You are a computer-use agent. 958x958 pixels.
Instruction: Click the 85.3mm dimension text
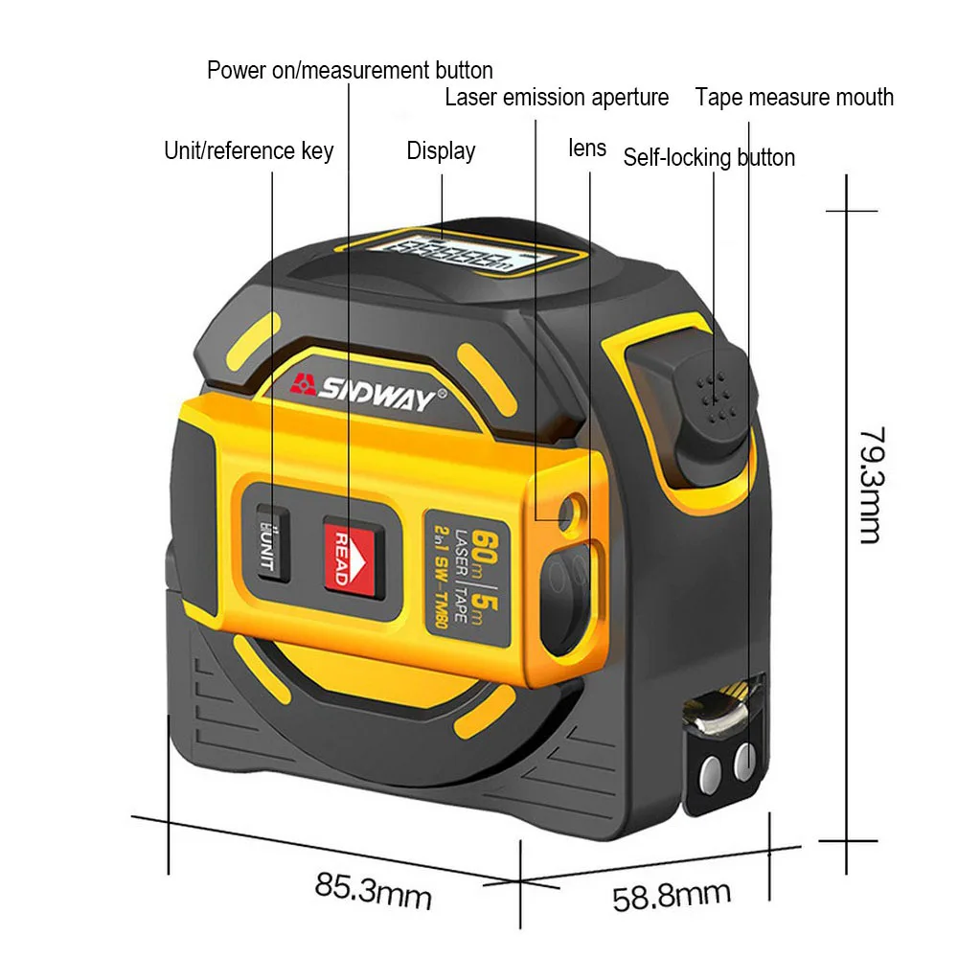374,891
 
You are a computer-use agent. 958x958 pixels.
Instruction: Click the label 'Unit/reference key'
249,150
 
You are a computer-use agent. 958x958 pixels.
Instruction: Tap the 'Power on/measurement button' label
350,70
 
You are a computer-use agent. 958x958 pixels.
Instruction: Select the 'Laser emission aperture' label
557,97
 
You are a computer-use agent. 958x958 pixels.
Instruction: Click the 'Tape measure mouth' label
794,97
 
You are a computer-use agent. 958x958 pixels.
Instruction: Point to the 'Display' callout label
441,150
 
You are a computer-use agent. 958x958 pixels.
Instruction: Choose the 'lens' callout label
587,148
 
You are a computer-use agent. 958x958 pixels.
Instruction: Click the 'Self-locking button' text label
709,157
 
